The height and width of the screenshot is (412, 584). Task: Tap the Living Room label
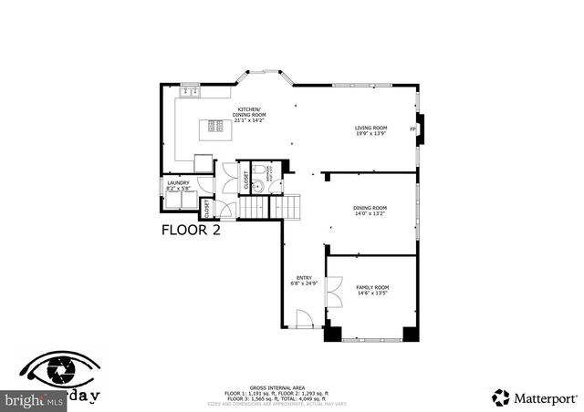371,130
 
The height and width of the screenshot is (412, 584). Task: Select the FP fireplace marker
413,129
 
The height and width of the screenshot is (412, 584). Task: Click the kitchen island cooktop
217,127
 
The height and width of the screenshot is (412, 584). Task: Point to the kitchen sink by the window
190,93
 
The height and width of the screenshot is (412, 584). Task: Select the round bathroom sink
257,186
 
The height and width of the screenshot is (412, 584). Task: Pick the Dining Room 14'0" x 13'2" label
370,211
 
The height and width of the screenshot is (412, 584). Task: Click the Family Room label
372,290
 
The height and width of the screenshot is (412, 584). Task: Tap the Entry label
304,281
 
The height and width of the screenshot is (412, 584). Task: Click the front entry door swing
306,319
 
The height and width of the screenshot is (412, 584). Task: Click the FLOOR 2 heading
191,230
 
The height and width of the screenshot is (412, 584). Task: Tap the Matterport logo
535,397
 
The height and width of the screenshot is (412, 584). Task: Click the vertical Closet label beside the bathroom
245,180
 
